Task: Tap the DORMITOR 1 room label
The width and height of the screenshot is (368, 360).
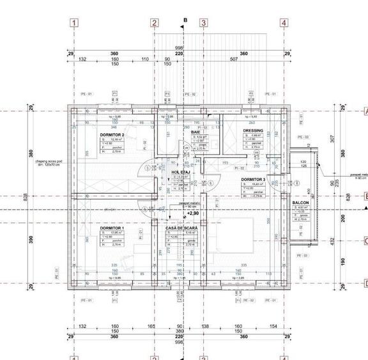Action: [x=111, y=228]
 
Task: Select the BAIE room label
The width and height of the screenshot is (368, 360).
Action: [x=195, y=132]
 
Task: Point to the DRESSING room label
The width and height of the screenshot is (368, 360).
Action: [x=253, y=131]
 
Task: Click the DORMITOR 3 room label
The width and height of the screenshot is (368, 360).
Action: [x=253, y=180]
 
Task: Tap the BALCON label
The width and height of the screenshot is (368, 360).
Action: [x=301, y=203]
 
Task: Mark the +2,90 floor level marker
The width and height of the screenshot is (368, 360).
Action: [x=194, y=213]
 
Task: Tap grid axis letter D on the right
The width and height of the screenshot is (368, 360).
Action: [x=365, y=284]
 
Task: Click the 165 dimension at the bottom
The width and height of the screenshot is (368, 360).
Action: [x=151, y=327]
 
